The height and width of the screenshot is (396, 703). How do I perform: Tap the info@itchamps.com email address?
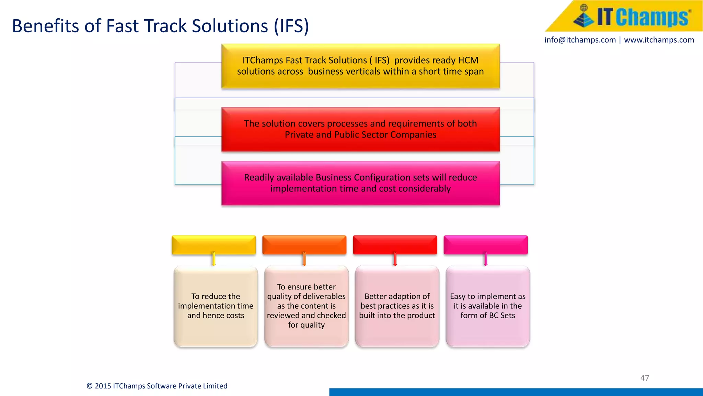click(580, 40)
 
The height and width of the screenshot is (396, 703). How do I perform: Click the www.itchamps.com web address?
click(659, 40)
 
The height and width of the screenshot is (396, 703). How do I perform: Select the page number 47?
click(644, 378)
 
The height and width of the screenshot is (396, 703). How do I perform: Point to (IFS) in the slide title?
click(291, 26)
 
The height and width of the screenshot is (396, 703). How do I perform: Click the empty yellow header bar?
click(214, 244)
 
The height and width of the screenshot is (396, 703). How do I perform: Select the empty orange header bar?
click(304, 244)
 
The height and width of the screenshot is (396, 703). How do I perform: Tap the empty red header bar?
click(395, 244)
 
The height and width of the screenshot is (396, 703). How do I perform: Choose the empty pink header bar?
click(485, 244)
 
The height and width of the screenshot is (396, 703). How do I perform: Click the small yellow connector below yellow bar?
click(214, 259)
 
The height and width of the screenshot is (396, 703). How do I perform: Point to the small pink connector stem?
click(485, 259)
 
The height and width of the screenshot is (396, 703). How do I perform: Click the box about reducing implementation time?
click(216, 306)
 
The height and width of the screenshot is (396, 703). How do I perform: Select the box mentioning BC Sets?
click(487, 306)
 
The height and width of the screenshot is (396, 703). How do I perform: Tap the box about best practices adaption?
click(397, 306)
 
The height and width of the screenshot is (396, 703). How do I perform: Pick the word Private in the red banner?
click(299, 135)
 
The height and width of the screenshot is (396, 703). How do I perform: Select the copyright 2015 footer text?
click(157, 386)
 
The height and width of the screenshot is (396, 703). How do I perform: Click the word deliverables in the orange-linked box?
click(324, 296)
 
